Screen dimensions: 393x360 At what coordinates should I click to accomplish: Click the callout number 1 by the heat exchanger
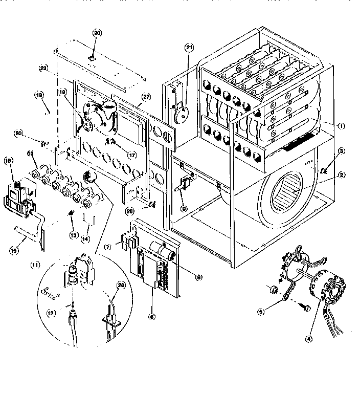pos(341,125)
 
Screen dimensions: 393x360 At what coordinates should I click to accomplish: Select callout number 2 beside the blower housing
pos(342,175)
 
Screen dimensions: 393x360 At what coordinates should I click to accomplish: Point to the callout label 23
pos(43,68)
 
